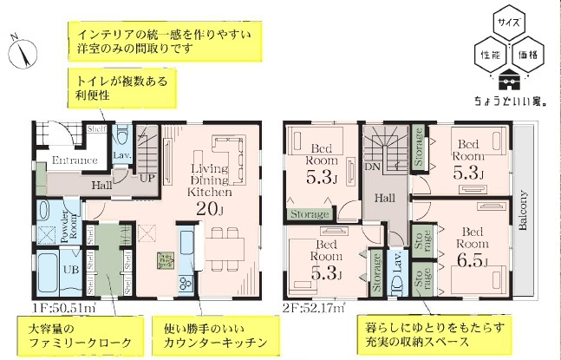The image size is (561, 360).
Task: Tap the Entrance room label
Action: click(74, 160)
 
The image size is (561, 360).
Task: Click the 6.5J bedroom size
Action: click(473, 260)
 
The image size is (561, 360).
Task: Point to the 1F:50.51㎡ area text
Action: click(62, 305)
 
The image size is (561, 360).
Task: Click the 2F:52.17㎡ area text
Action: click(314, 305)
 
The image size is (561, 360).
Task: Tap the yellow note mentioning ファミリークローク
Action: click(76, 335)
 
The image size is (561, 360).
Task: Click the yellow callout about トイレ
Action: click(114, 88)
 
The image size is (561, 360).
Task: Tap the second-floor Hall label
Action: click(384, 199)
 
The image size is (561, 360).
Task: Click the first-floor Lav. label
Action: click(121, 154)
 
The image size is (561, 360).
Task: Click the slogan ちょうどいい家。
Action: click(506, 101)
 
